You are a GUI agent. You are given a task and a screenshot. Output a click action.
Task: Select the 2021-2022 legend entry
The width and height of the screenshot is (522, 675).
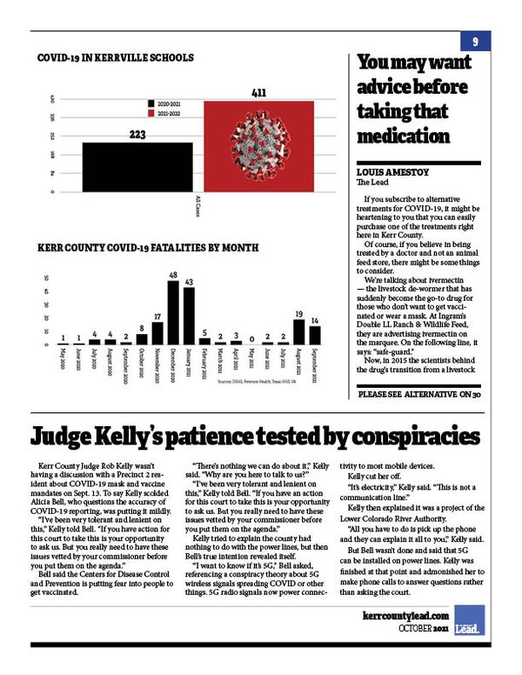pyautogui.click(x=166, y=113)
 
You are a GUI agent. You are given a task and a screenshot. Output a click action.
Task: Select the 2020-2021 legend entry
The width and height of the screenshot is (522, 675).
pyautogui.click(x=166, y=103)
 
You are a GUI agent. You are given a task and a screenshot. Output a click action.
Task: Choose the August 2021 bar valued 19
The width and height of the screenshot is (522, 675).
pyautogui.click(x=298, y=331)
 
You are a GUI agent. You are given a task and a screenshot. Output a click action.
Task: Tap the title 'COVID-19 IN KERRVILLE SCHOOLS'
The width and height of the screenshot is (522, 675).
pyautogui.click(x=115, y=58)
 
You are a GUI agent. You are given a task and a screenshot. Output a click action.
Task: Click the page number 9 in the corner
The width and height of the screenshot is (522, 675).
pyautogui.click(x=476, y=42)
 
